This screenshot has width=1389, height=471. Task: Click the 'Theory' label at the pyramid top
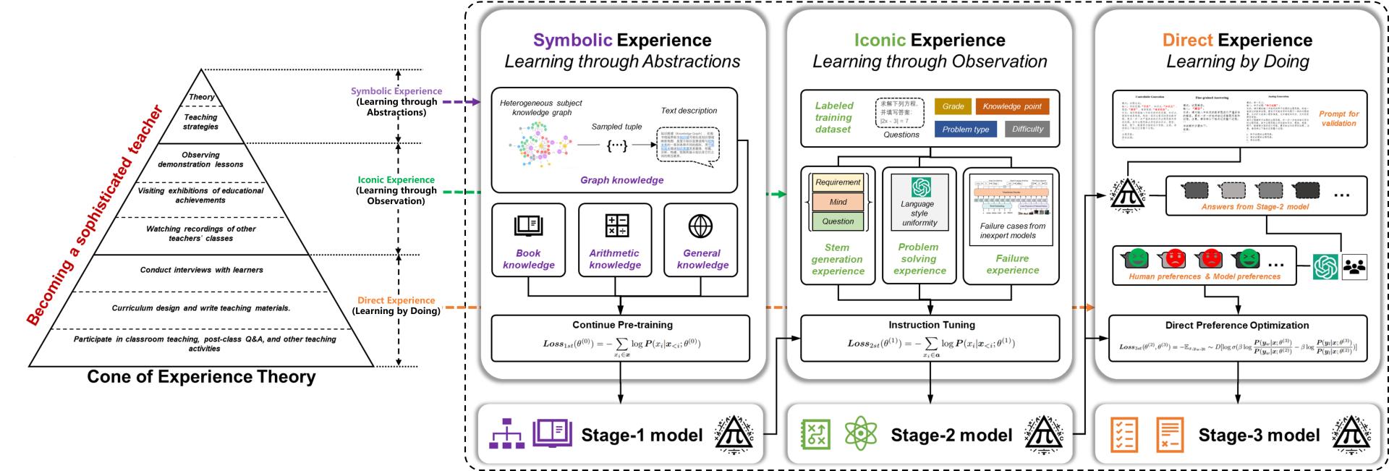pos(202,97)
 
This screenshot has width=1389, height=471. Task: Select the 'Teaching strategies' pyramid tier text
pos(201,122)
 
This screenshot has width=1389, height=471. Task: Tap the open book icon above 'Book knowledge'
pos(528,226)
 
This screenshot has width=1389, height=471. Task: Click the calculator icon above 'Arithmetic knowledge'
pos(616,226)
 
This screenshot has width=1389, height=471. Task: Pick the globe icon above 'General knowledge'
pos(700,226)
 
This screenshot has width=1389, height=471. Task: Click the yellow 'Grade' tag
pos(953,106)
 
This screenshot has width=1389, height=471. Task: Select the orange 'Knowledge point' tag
pos(1011,106)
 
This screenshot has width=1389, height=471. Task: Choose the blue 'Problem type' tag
pos(965,130)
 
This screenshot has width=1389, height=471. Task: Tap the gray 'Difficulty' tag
pos(1027,130)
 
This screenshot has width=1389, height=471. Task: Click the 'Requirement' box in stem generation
pos(838,182)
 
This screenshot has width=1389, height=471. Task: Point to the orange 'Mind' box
pos(838,202)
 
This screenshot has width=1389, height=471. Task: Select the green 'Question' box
pos(838,221)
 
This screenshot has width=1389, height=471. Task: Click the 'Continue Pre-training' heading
pos(622,325)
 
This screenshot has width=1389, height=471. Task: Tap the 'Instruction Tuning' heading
pos(931,325)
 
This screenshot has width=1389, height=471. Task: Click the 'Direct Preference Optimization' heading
pos(1236,325)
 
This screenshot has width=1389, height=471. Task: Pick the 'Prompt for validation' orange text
pos(1338,119)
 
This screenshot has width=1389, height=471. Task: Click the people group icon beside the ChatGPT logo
pos(1354,267)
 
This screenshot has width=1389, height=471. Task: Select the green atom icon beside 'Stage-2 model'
pos(860,434)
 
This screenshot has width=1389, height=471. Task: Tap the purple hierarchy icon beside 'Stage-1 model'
pos(506,434)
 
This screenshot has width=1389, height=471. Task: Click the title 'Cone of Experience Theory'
pos(201,377)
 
